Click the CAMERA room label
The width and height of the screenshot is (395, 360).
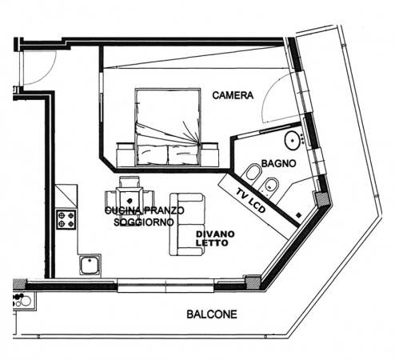(x=233, y=95)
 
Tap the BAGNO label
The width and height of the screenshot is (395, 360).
(x=278, y=163)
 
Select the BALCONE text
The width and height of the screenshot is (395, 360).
(x=212, y=314)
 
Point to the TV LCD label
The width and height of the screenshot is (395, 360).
(x=250, y=200)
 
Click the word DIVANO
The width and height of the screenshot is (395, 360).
(x=215, y=234)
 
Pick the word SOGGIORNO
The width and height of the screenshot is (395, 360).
(x=143, y=222)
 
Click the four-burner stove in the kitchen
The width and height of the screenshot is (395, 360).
(x=66, y=219)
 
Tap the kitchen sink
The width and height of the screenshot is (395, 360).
(x=90, y=265)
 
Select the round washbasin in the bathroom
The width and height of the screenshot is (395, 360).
(x=292, y=140)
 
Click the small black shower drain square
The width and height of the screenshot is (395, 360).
(x=299, y=214)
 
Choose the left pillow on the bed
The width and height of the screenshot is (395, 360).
(x=153, y=154)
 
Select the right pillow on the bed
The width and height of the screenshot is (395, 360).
(x=183, y=154)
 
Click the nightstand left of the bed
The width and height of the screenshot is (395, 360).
(x=125, y=154)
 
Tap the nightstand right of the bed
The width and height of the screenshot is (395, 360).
(x=209, y=154)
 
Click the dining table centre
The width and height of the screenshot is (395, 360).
(x=130, y=200)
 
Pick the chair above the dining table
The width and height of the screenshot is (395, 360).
(x=130, y=182)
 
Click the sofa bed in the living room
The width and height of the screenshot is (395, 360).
(x=188, y=224)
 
